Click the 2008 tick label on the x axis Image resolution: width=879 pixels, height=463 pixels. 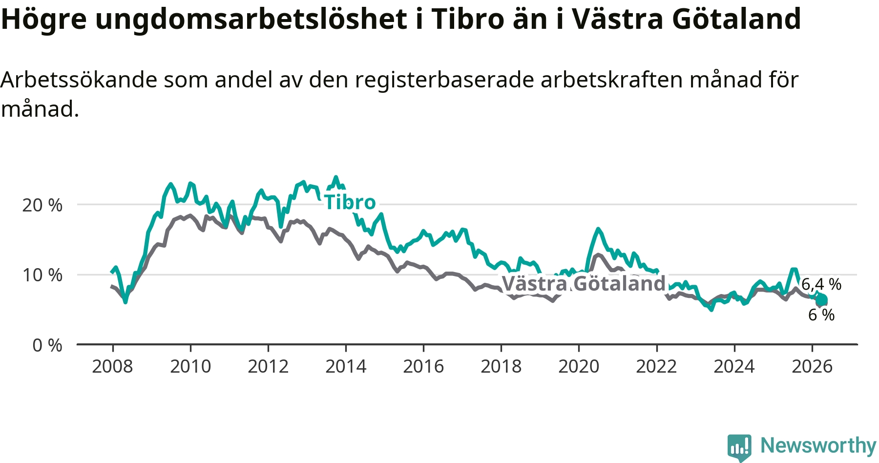[x=112, y=366]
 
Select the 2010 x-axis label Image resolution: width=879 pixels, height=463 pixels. [x=190, y=366]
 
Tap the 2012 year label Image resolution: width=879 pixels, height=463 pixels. [x=268, y=366]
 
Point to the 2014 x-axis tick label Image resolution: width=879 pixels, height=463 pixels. [x=346, y=366]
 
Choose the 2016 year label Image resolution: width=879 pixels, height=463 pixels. [x=423, y=366]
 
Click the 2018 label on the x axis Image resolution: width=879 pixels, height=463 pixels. [x=501, y=366]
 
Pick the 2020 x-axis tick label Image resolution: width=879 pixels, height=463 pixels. [x=579, y=366]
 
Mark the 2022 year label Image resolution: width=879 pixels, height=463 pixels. [x=656, y=366]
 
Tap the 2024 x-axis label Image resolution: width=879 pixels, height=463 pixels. [x=734, y=366]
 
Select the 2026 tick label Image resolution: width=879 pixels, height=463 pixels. [x=812, y=366]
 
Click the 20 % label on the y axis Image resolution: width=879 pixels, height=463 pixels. [x=42, y=205]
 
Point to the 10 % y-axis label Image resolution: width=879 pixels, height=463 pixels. [x=42, y=275]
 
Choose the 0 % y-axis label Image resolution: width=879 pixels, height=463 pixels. [x=47, y=345]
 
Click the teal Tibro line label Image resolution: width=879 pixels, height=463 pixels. [x=350, y=202]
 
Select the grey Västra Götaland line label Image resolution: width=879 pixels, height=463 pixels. [x=584, y=283]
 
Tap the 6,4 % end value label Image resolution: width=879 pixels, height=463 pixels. [x=821, y=284]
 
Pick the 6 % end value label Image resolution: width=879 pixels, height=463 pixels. [x=821, y=315]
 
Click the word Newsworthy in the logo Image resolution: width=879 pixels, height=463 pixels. [x=818, y=445]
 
